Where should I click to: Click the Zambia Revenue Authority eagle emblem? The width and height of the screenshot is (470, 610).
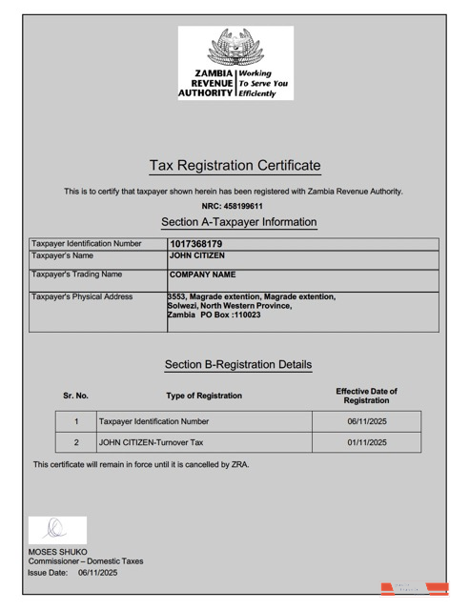pos(234,47)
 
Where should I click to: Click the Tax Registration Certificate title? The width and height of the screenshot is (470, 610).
pos(235,166)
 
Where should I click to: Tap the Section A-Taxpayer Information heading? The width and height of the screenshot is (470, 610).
pos(238,222)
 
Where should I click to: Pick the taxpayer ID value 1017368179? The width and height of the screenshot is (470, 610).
pos(195,244)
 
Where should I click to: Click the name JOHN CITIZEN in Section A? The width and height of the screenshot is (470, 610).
pos(197,255)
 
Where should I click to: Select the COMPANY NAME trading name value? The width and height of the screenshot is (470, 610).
pos(202,274)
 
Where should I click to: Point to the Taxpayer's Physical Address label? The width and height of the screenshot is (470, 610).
pos(82,296)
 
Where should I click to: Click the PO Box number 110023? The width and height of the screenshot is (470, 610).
pos(245,315)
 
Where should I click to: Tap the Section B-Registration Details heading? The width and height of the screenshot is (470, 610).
pos(238,364)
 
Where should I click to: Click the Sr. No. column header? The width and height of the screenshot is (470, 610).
pos(75,396)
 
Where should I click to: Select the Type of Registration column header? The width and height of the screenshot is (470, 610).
pos(204,396)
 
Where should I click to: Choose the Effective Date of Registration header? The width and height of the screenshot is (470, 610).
pos(366,396)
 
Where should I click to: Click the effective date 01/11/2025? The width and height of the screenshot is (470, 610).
pos(366,442)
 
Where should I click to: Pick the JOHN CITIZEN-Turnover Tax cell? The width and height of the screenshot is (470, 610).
pos(152,442)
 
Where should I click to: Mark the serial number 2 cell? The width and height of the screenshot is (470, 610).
pos(75,442)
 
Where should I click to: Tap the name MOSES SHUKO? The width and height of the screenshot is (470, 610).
pos(57,551)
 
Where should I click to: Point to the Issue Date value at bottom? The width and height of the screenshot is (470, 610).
pos(97,573)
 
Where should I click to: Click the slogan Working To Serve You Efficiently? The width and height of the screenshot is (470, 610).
pos(262,83)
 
